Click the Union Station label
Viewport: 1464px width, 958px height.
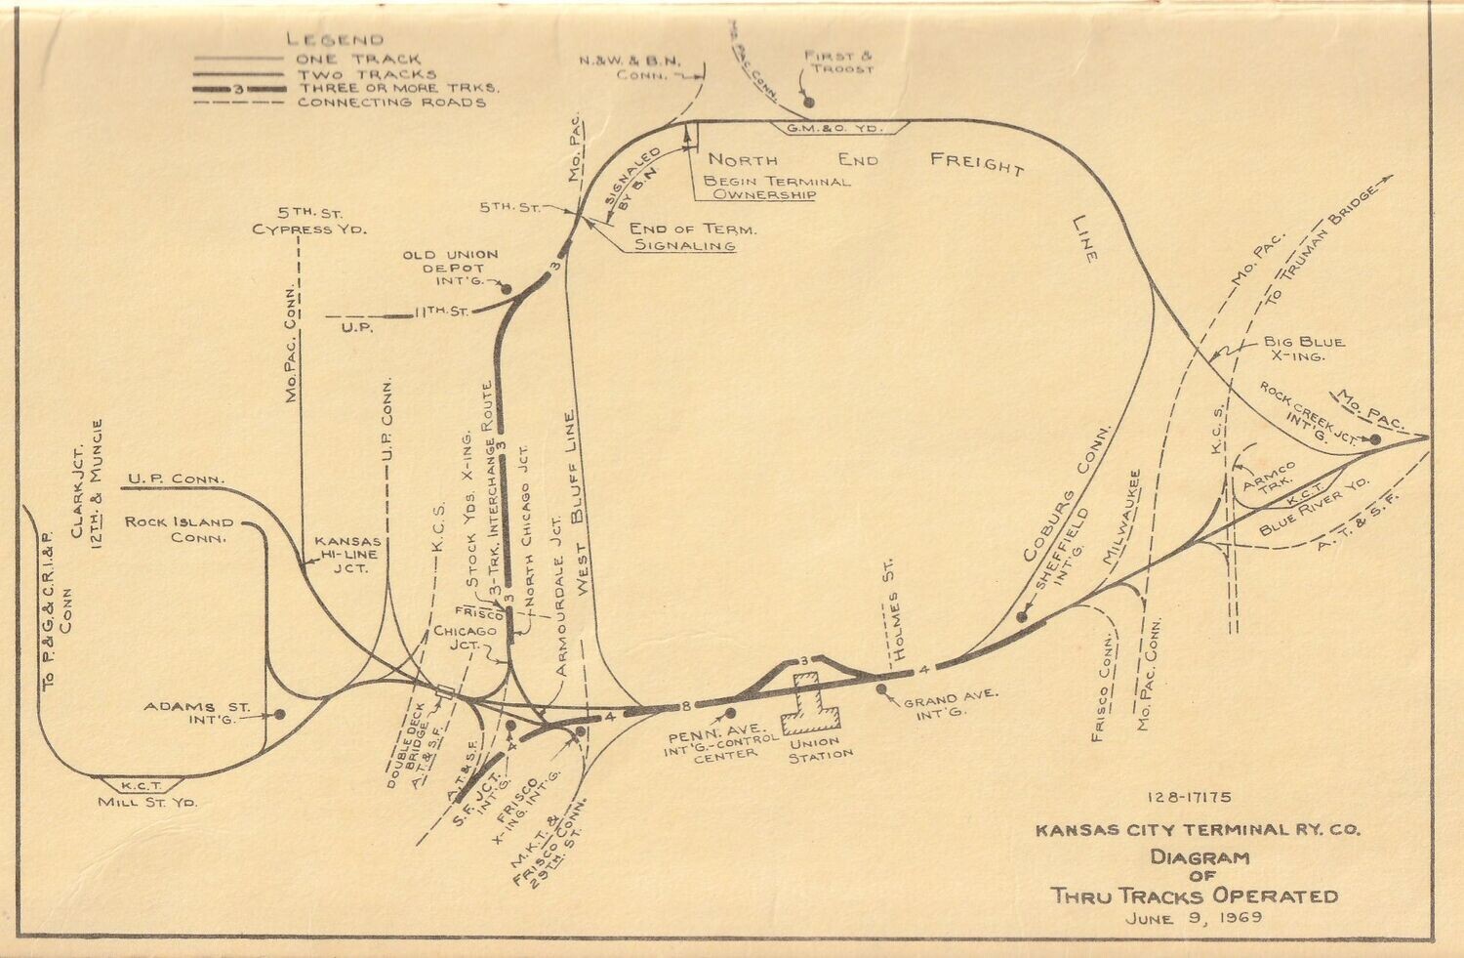(x=820, y=748)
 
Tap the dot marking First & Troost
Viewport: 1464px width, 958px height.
(x=807, y=102)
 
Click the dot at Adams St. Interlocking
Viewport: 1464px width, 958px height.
(x=279, y=714)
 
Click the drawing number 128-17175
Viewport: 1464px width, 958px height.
(x=1190, y=798)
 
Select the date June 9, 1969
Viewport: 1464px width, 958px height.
(x=1193, y=918)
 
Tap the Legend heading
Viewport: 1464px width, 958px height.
(x=335, y=40)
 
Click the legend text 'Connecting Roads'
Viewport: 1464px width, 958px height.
(x=391, y=102)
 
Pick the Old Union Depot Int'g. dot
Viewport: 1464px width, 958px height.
(x=506, y=288)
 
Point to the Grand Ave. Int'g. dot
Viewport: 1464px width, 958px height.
(x=881, y=689)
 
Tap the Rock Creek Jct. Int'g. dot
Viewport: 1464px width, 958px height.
(x=1374, y=439)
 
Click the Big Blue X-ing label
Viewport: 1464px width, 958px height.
(x=1303, y=349)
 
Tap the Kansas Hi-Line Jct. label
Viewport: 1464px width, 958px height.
(x=347, y=554)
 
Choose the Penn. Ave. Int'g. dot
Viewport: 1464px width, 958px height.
(x=729, y=713)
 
